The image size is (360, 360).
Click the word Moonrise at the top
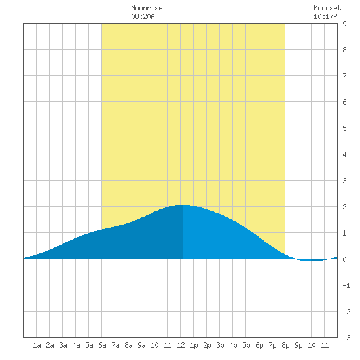click(147, 8)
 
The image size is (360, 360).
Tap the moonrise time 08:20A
click(143, 16)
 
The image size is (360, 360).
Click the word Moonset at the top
click(327, 8)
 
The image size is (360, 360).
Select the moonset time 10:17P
click(325, 16)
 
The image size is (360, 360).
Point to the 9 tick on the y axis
click(344, 24)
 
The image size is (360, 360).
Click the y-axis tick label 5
click(344, 128)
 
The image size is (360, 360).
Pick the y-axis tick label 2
click(344, 207)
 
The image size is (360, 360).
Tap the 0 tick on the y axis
click(344, 259)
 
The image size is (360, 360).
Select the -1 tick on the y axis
click(346, 285)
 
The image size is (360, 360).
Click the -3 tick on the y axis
click(346, 338)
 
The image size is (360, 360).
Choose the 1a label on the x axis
click(37, 345)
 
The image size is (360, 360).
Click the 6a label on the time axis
click(102, 345)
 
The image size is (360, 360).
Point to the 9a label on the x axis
click(141, 345)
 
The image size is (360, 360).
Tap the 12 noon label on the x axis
click(181, 345)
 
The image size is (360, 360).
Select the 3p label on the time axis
click(220, 345)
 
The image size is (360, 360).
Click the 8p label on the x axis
click(285, 345)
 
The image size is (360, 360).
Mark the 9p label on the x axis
click(298, 345)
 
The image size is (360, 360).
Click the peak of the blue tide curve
click(183, 205)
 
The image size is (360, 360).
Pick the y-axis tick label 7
click(344, 76)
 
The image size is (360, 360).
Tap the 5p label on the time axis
click(246, 345)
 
